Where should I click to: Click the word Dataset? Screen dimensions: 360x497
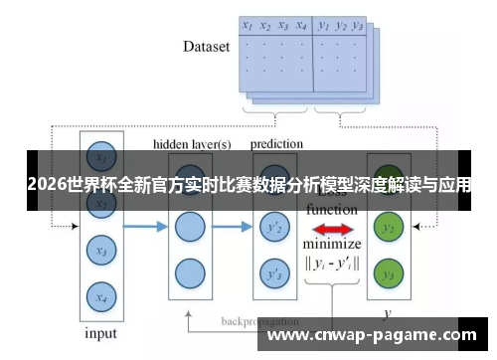click(206, 46)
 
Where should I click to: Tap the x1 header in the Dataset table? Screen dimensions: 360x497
click(248, 26)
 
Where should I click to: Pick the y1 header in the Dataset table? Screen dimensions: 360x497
click(323, 26)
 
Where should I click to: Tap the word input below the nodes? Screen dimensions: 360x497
click(99, 332)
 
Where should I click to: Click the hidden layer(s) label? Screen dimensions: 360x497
click(192, 144)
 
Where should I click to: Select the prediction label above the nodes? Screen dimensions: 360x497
click(276, 144)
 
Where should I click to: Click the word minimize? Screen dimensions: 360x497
click(332, 245)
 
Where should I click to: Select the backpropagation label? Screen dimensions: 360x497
click(260, 322)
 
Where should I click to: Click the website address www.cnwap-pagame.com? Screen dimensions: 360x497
click(379, 336)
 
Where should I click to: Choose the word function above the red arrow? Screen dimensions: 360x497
click(332, 211)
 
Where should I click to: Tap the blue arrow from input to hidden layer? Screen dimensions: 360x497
click(143, 228)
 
